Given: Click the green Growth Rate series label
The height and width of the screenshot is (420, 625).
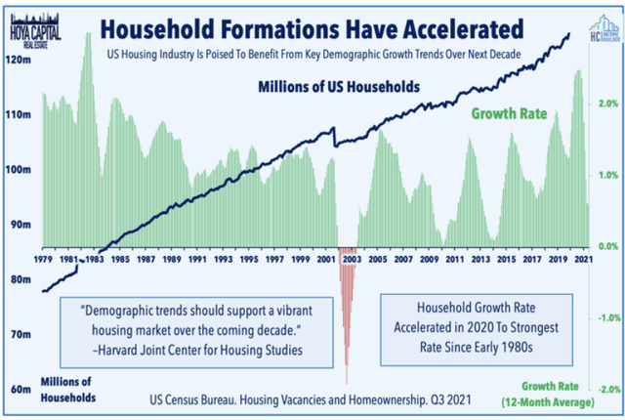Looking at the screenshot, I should point(509,113).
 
